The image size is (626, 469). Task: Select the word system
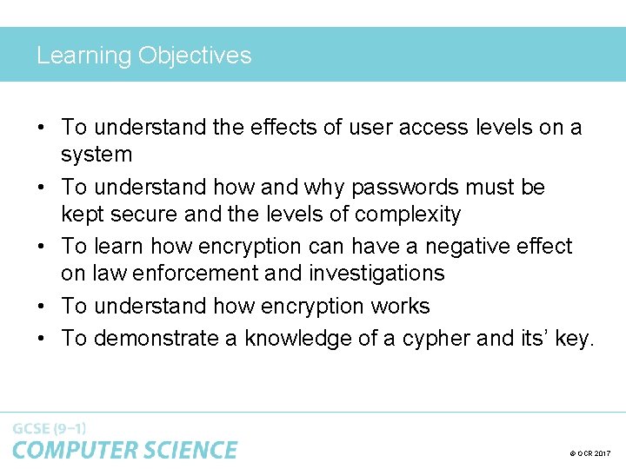pos(97,155)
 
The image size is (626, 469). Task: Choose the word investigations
pos(376,273)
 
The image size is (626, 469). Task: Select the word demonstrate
pos(156,338)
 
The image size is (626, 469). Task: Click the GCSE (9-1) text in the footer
pos(50,428)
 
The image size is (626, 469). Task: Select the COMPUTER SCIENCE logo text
pos(124,450)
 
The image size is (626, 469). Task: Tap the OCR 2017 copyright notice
pos(590,453)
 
